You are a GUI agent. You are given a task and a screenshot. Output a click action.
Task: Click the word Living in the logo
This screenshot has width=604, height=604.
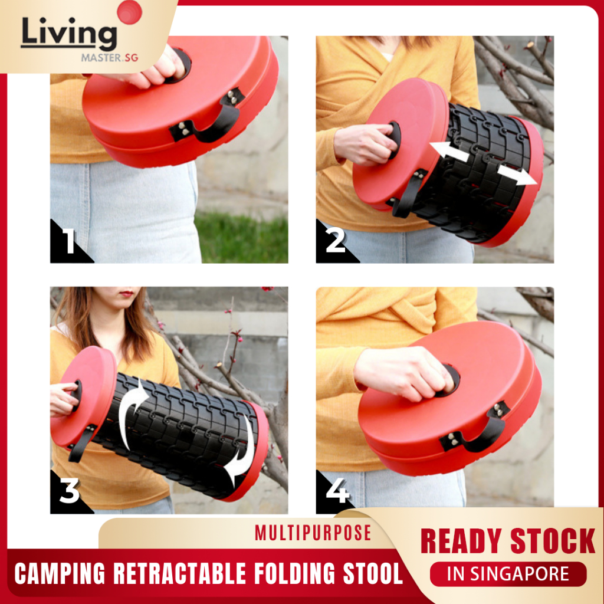click(69, 34)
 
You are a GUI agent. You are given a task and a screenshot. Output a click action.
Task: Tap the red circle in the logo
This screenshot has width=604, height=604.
click(129, 12)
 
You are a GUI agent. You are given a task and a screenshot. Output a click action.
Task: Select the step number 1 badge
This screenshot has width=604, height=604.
click(70, 242)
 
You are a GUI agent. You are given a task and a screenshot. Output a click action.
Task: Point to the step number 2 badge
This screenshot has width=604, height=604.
click(335, 242)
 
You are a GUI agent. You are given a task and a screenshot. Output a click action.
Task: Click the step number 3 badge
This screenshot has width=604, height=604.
click(70, 493)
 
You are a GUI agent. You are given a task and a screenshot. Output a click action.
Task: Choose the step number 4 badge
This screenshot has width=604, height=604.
click(335, 493)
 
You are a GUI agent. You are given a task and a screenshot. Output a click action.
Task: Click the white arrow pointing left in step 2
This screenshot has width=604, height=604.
click(449, 152)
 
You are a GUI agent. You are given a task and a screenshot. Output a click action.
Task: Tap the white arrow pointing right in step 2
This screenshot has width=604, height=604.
click(517, 175)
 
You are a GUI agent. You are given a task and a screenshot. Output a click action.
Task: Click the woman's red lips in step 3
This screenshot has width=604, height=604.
click(126, 294)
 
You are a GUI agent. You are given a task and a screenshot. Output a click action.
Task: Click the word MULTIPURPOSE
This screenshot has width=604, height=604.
click(313, 533)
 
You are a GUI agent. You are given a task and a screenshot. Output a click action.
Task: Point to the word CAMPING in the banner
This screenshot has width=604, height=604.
click(60, 573)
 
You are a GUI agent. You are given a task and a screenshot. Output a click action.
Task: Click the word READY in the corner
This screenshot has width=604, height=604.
click(461, 541)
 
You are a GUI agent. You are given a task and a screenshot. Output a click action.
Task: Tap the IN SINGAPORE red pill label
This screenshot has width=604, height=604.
click(508, 574)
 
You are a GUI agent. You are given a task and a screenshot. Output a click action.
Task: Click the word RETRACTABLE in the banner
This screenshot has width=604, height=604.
click(180, 573)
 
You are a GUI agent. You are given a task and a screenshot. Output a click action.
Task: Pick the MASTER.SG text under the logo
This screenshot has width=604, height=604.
click(109, 58)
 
